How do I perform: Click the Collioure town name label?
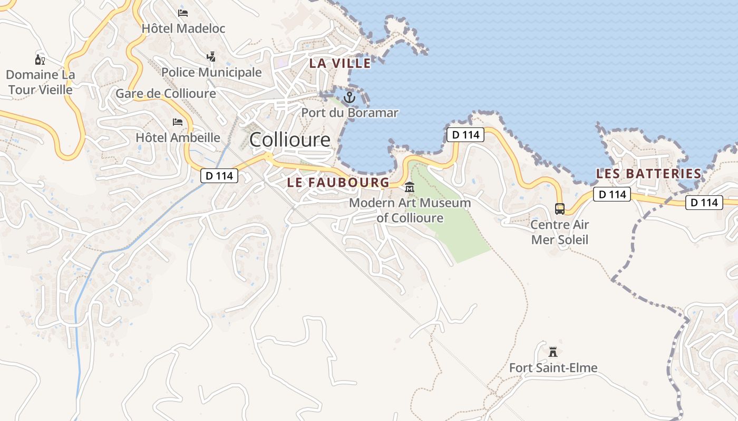pos(290,140)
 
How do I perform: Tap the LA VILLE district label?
pos(340,64)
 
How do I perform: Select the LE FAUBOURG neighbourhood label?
pos(338,183)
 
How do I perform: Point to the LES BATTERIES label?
pos(648,174)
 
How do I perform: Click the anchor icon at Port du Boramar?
pos(349,97)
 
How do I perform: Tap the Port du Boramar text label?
pos(349,113)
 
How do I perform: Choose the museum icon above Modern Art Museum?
pos(410,187)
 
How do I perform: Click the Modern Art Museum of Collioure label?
pos(410,210)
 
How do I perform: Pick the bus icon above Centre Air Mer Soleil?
pos(559,209)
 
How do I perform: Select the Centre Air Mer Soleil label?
pos(559,232)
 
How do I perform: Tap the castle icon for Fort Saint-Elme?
pos(553,352)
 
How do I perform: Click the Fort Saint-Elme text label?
pos(553,368)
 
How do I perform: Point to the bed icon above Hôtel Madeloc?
pos(183,13)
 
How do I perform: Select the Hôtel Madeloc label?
pos(183,28)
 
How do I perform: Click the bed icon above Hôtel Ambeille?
pos(178,122)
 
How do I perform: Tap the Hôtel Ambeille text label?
pos(178,138)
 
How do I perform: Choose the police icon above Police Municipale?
pos(211,56)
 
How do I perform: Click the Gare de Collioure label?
pos(166,94)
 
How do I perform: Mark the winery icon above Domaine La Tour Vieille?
pos(40,59)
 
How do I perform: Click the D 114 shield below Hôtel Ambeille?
pos(219,176)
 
